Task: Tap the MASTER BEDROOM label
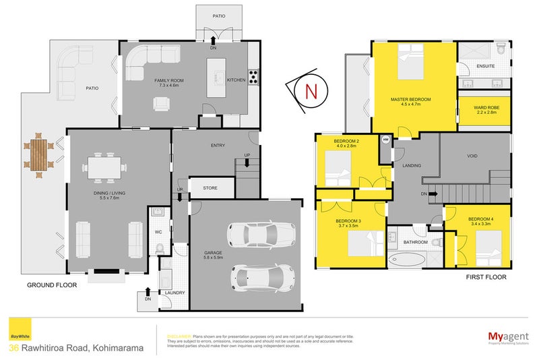click(410, 99)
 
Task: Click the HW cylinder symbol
click(385, 140)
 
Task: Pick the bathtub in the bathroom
click(409, 260)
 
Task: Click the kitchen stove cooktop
click(253, 78)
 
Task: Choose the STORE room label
click(210, 188)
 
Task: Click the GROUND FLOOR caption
click(52, 285)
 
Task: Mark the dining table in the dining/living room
click(105, 167)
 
